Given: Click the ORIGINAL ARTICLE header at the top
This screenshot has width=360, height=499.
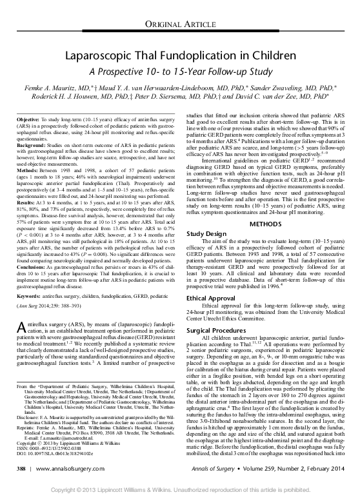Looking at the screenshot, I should click(x=179, y=24).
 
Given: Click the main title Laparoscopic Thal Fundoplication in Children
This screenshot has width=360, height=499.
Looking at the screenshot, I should click(x=179, y=56).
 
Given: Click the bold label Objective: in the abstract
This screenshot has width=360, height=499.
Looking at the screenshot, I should click(x=27, y=121).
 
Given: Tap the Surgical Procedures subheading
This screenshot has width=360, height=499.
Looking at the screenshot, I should click(x=213, y=329).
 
